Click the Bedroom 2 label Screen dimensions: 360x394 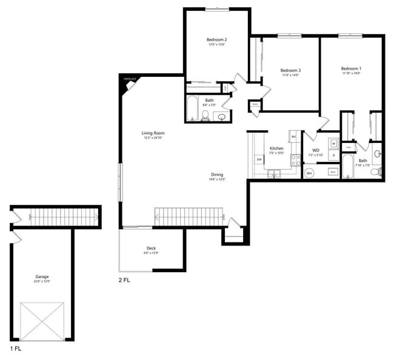pyautogui.click(x=217, y=40)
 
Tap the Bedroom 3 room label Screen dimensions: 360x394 pyautogui.click(x=290, y=70)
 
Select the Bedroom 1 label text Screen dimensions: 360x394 pyautogui.click(x=351, y=68)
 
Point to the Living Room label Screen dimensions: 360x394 pyautogui.click(x=153, y=133)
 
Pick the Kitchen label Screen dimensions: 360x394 pyautogui.click(x=276, y=148)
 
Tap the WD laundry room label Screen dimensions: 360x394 pyautogui.click(x=316, y=150)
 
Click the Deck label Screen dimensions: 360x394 pyautogui.click(x=151, y=248)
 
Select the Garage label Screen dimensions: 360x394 pyautogui.click(x=42, y=277)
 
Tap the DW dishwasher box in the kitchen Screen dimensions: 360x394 pyautogui.click(x=259, y=159)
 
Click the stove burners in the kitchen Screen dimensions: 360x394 pyautogui.click(x=296, y=161)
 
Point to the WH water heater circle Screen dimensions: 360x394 pyautogui.click(x=309, y=173)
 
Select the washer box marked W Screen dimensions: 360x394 pyautogui.click(x=333, y=144)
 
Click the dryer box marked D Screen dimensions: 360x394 pyautogui.click(x=333, y=155)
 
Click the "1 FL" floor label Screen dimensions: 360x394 pyautogui.click(x=16, y=350)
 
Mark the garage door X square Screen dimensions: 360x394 pyautogui.click(x=42, y=321)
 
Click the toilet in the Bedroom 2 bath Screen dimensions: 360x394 pyautogui.click(x=205, y=115)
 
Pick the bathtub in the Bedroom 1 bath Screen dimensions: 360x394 pyautogui.click(x=348, y=167)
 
